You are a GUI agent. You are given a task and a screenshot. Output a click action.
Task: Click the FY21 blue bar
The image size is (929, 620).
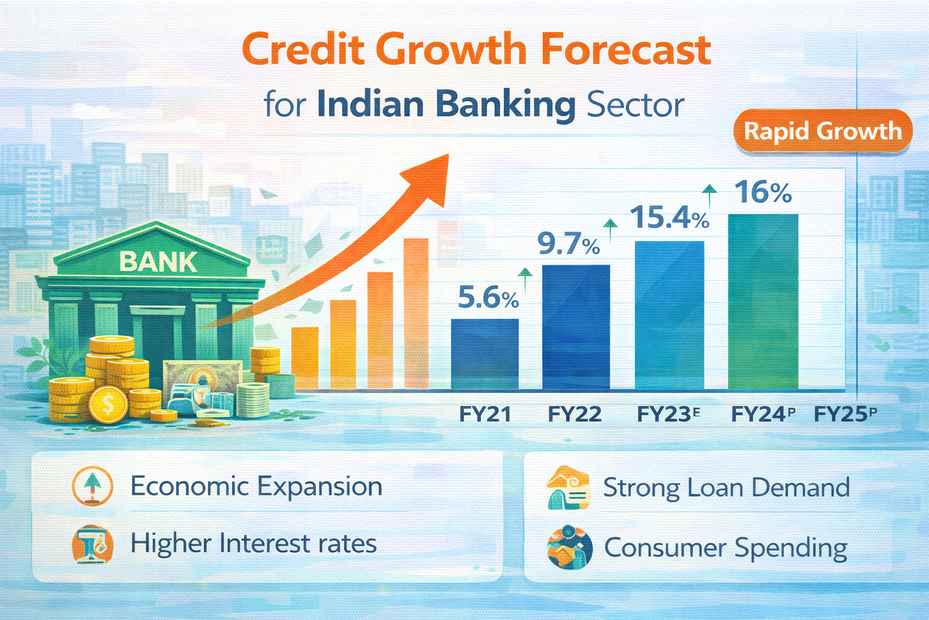(x=484, y=354)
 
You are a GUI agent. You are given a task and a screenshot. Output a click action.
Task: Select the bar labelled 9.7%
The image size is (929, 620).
(x=576, y=327)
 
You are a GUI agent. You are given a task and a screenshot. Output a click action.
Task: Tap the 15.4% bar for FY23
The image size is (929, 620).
(x=669, y=315)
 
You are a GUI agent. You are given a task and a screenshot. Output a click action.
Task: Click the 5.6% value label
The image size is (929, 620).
(x=487, y=298)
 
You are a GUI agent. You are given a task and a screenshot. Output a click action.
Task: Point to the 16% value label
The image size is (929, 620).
(x=763, y=193)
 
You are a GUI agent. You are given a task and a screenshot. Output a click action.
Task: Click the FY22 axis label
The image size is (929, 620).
(x=575, y=415)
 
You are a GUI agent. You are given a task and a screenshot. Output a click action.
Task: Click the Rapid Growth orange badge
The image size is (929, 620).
(x=822, y=131)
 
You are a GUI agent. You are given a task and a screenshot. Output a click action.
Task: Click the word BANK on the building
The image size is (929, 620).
(x=158, y=262)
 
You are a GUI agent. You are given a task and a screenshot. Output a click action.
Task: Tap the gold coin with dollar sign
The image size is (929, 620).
(x=108, y=404)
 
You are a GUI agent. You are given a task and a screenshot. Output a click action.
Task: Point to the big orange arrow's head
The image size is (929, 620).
(x=430, y=175)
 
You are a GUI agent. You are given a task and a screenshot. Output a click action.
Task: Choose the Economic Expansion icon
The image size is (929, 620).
(x=92, y=486)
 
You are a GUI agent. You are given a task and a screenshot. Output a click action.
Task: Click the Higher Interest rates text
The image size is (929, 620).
(x=253, y=543)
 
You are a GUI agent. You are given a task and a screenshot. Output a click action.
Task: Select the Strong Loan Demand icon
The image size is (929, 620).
(x=568, y=487)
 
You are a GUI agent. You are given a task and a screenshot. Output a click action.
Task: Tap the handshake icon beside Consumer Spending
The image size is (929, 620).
(x=569, y=547)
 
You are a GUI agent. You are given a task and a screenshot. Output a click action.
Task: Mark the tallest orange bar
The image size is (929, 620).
(x=416, y=313)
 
